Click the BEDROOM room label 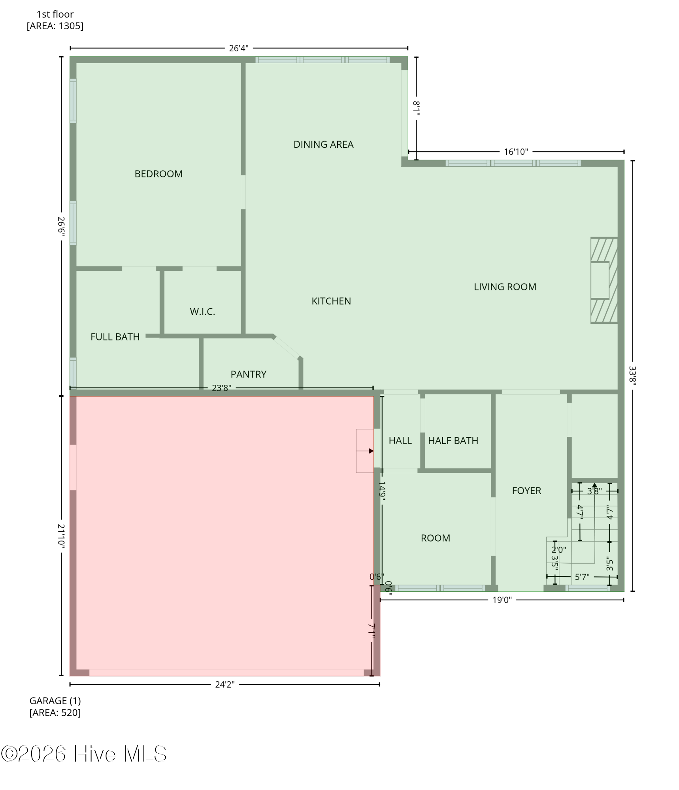click(158, 174)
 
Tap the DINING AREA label click(323, 145)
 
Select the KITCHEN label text click(331, 301)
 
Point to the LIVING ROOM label click(505, 287)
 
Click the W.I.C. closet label click(202, 312)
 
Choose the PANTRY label click(249, 374)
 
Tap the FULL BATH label click(115, 337)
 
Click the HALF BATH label click(453, 441)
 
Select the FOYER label click(526, 491)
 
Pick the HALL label click(400, 441)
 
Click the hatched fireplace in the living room click(604, 280)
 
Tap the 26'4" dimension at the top click(239, 49)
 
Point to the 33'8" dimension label click(633, 376)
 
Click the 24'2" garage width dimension click(225, 685)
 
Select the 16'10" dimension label click(516, 152)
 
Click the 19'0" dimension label click(502, 600)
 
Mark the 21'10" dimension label click(61, 535)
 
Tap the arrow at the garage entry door click(365, 451)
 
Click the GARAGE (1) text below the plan click(55, 701)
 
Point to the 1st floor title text click(55, 15)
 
